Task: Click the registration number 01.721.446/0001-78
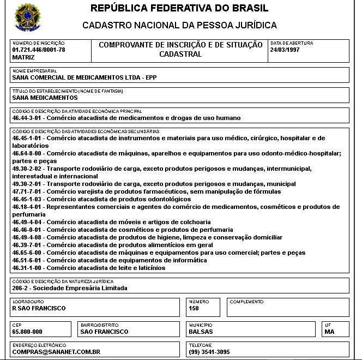pos(38,50)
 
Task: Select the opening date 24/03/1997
pos(285,50)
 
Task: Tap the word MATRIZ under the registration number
pos(23,57)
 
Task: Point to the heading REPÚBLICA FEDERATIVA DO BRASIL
pos(179,8)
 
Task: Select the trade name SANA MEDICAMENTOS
pos(45,98)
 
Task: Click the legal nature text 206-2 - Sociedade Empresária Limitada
pos(69,287)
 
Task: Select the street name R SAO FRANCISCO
pos(39,308)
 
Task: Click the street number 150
pos(194,308)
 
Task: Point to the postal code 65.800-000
pos(27,332)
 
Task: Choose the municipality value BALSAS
pos(201,332)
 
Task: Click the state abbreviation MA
pos(329,332)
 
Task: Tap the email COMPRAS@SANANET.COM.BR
pos(56,352)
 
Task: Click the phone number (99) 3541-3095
pos(209,352)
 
